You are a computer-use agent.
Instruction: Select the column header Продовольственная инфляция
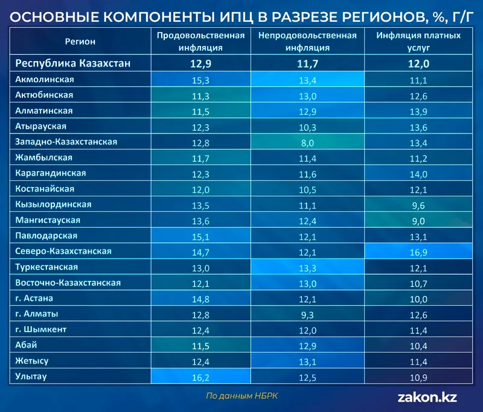(200, 41)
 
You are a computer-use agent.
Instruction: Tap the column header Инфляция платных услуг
(418, 41)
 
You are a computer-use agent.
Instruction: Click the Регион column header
(80, 41)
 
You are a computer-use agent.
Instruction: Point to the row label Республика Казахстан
(73, 63)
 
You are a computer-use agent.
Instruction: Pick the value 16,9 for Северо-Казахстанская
(418, 251)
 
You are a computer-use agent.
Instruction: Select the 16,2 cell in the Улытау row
(200, 377)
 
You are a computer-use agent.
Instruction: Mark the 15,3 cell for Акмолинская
(200, 80)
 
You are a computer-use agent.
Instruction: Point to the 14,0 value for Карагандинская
(418, 173)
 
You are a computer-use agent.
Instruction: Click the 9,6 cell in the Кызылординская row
(418, 205)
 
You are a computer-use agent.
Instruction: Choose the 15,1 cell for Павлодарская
(200, 236)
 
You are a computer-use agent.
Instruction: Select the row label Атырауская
(40, 126)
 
